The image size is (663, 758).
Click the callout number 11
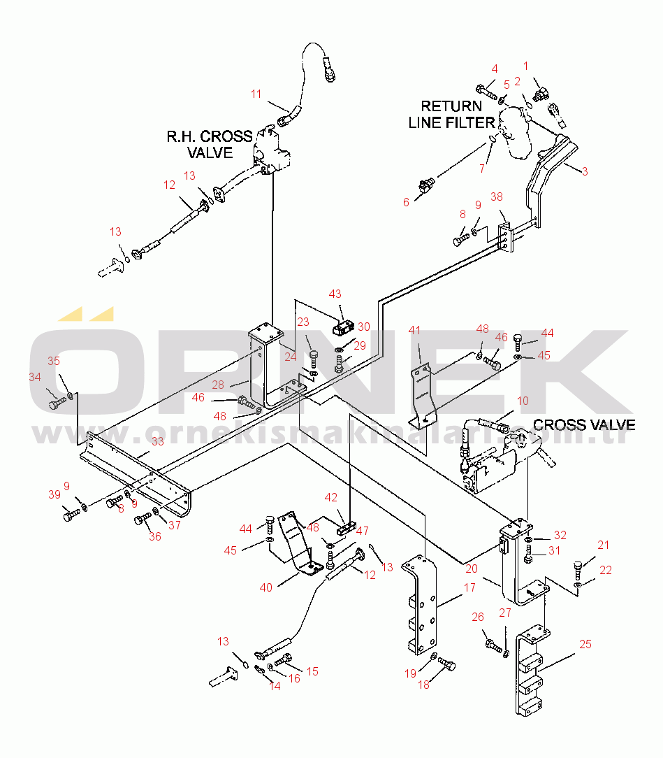tap(256, 93)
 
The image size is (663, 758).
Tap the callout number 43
tap(335, 294)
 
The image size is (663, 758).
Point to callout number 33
tap(157, 441)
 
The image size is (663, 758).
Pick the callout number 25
tap(585, 644)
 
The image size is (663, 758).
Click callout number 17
tap(469, 588)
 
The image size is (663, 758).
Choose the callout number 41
tap(415, 330)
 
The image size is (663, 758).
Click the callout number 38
tap(497, 197)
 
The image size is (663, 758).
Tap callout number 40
tap(266, 587)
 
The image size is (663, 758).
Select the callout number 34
tap(35, 377)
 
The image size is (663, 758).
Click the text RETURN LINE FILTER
tap(451, 113)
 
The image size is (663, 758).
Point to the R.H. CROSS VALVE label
tap(209, 143)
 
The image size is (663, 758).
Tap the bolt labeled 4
tap(486, 91)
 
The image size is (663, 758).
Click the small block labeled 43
tap(342, 327)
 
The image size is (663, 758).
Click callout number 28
tap(218, 385)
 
